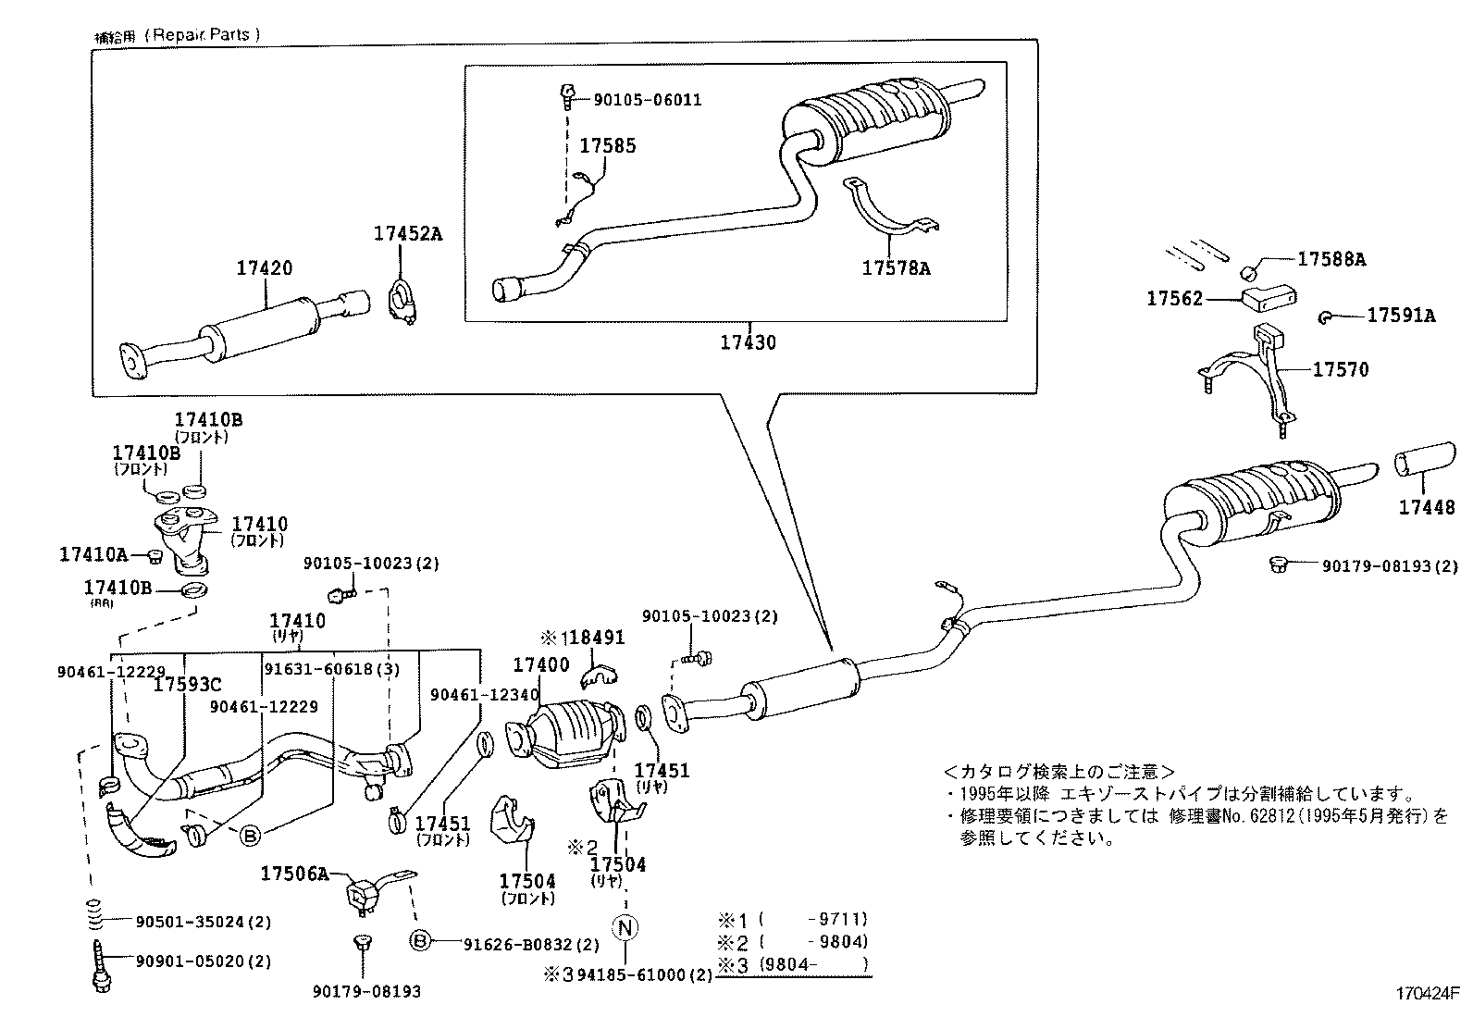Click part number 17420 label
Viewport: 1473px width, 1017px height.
[264, 268]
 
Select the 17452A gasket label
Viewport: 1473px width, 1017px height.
[408, 234]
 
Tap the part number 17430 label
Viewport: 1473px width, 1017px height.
[749, 342]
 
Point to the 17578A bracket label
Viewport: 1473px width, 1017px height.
[896, 268]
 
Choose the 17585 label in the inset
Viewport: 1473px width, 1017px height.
[608, 146]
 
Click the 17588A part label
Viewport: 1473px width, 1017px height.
[1331, 259]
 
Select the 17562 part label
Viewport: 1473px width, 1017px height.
[1174, 298]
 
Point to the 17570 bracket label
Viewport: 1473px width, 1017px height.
[1340, 369]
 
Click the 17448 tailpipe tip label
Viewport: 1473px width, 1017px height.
[1426, 507]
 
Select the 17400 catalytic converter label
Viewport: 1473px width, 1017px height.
[541, 664]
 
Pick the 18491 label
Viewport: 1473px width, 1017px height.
[592, 638]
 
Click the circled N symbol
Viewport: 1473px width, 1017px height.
[626, 926]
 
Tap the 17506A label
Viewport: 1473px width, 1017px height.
[294, 873]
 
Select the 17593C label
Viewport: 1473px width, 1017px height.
[187, 685]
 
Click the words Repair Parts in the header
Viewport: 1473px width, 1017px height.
[205, 34]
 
